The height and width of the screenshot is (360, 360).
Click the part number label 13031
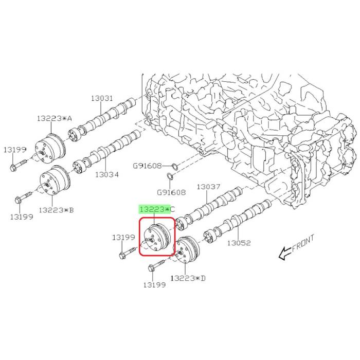(x=102, y=98)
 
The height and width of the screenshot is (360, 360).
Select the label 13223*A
(x=55, y=118)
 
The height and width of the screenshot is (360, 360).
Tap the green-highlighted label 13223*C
(x=157, y=209)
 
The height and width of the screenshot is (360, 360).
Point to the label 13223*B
(x=56, y=210)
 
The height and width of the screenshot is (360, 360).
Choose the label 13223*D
(x=188, y=278)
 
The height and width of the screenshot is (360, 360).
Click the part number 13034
(x=107, y=175)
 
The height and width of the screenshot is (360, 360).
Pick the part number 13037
(x=208, y=187)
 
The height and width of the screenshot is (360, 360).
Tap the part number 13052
(x=239, y=243)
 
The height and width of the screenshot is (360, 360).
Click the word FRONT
(x=303, y=243)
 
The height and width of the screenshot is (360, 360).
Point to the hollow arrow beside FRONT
(x=285, y=253)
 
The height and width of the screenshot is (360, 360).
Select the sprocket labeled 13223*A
(x=50, y=149)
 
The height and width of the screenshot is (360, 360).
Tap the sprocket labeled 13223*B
(x=55, y=180)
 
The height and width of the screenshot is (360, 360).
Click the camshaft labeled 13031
(x=102, y=120)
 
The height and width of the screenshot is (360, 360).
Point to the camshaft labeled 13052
(x=238, y=220)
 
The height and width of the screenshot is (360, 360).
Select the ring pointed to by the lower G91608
(x=170, y=176)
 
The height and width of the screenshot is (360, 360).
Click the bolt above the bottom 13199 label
(x=156, y=266)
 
